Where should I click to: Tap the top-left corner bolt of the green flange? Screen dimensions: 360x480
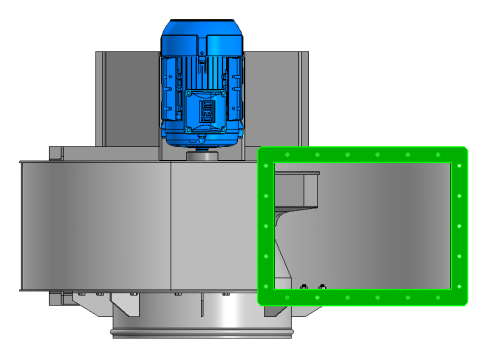point(265,155)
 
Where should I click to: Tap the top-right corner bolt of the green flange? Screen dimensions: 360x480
point(461,155)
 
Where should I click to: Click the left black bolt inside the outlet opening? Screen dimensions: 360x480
point(302,289)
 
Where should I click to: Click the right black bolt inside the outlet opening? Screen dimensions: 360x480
point(321,289)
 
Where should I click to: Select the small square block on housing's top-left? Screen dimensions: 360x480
point(55,152)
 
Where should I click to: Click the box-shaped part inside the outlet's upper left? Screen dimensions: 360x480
point(295,188)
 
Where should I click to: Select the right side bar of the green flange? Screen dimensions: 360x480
point(461,225)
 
